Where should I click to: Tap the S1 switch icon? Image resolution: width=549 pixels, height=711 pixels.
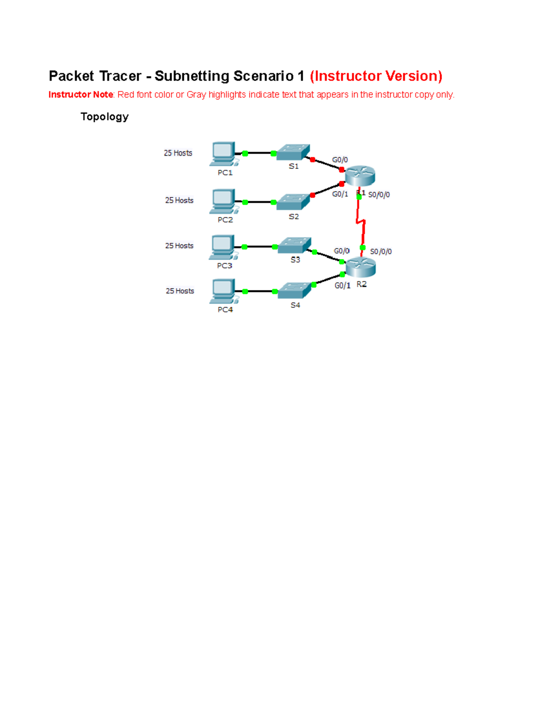[293, 152]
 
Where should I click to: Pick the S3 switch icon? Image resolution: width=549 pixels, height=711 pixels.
[295, 245]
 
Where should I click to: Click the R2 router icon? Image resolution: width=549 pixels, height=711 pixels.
[361, 267]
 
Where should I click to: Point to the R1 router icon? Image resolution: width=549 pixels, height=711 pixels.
[360, 176]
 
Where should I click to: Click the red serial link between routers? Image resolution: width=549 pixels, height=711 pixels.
[361, 222]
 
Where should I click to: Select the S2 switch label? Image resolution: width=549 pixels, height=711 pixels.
[294, 217]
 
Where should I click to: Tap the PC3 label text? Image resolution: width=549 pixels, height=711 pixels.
[225, 266]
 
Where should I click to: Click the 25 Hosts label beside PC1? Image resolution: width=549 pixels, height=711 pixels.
[178, 153]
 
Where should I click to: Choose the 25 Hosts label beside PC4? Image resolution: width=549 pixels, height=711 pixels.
[180, 291]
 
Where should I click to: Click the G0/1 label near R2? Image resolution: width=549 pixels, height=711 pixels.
[342, 285]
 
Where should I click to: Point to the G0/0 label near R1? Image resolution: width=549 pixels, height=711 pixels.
[340, 160]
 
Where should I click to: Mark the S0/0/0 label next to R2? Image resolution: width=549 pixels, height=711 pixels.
[381, 251]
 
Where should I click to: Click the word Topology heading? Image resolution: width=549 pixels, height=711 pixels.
[104, 117]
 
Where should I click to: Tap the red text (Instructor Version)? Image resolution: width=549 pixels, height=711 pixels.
[376, 76]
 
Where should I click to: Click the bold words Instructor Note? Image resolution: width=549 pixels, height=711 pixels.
[81, 95]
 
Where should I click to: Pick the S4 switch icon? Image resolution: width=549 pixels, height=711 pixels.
[295, 290]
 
